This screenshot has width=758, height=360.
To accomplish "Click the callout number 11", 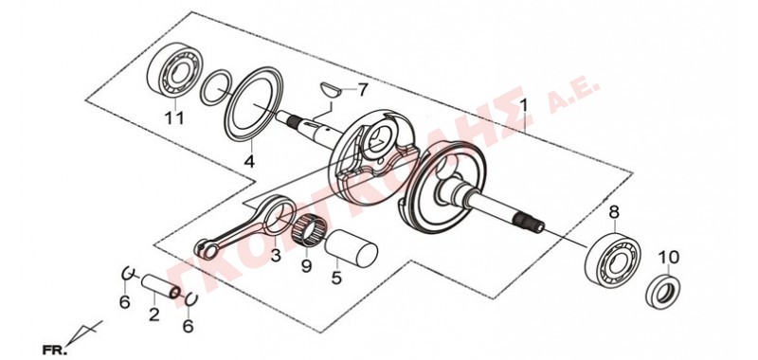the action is point(174,117).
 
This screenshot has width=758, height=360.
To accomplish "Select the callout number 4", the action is point(249,161).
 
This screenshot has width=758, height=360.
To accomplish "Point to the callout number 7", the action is point(362,90).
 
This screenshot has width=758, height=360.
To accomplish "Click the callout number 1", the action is point(524,106).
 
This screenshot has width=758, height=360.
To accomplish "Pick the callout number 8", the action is point(613,211).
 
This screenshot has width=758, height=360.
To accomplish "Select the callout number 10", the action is point(670,257).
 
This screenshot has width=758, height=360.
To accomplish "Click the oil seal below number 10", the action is point(664,292).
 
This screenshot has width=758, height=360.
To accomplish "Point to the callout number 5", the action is point(337,278).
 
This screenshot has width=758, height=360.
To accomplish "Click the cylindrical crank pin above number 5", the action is point(351,247).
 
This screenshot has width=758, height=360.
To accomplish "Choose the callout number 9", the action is point(306,266).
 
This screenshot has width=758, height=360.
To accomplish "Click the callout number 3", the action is point(276,256).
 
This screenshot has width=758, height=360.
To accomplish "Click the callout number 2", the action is point(153,315).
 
